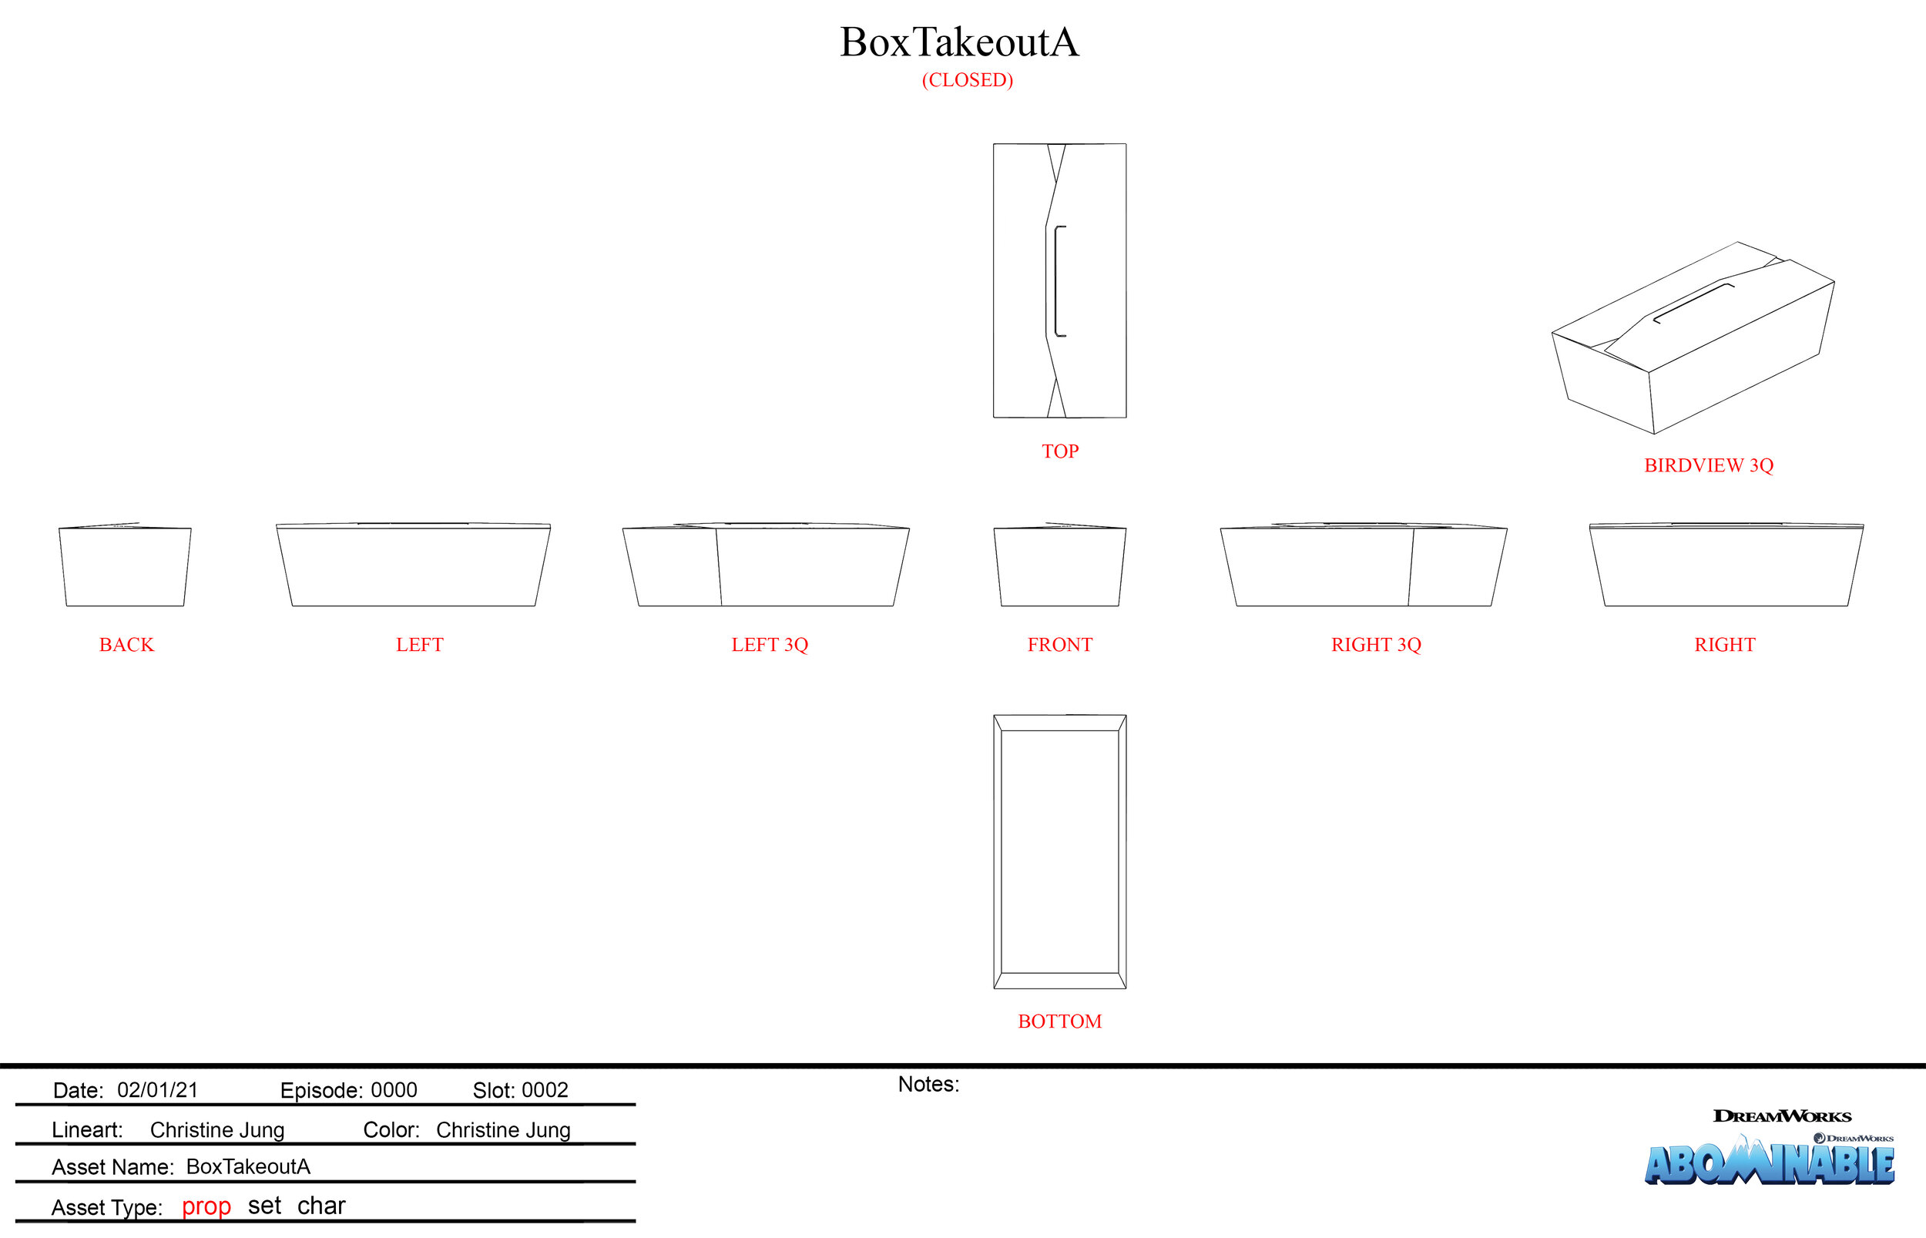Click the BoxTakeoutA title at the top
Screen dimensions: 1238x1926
point(959,42)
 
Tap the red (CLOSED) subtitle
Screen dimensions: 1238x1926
point(967,80)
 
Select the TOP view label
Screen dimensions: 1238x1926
point(1059,451)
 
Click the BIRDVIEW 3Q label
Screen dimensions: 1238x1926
point(1708,465)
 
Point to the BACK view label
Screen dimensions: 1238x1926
point(126,645)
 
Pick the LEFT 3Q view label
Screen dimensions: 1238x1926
point(770,645)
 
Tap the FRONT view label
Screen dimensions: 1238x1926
point(1059,645)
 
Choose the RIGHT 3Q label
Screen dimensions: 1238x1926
point(1375,645)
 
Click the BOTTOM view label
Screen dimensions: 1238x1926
point(1059,1022)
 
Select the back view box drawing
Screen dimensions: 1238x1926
point(125,567)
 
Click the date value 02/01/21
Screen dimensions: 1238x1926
point(158,1090)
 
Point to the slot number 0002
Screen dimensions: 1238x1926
point(544,1090)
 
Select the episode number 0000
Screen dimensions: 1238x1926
point(393,1090)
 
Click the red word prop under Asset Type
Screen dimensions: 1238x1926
point(206,1206)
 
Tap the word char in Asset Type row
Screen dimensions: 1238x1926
point(320,1206)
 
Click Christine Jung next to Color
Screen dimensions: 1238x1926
point(503,1130)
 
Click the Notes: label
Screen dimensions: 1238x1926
point(928,1085)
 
